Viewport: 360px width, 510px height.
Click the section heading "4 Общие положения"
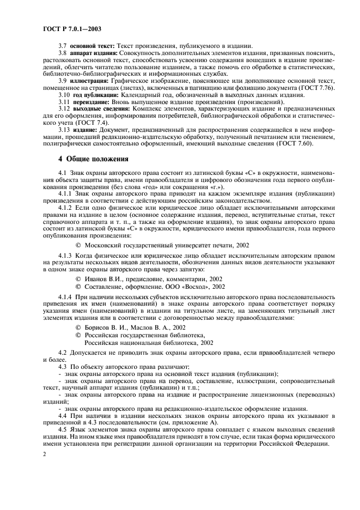(93, 159)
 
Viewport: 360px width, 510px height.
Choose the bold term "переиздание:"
(91, 102)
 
